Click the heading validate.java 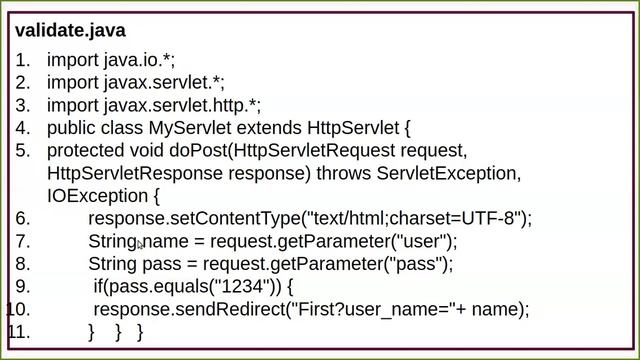70,31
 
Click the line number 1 22,60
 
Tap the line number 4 22,128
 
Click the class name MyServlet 188,128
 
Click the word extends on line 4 266,128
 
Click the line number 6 22,218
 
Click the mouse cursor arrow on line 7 140,243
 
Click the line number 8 22,264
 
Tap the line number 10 17,309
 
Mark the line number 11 17,331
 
